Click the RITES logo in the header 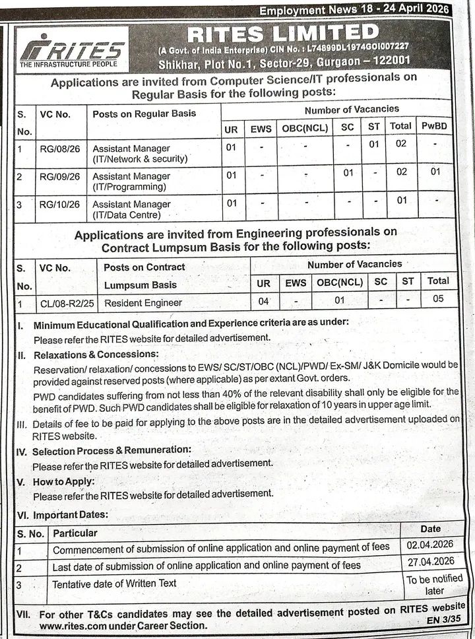point(72,49)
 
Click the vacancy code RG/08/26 point(59,148)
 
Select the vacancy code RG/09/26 point(59,176)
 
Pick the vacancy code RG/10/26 point(59,205)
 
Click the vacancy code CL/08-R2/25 point(65,302)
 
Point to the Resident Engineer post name point(142,302)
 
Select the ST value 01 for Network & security point(373,145)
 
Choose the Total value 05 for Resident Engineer point(437,298)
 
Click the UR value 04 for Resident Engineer point(263,301)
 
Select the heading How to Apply point(64,482)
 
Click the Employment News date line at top point(354,11)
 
